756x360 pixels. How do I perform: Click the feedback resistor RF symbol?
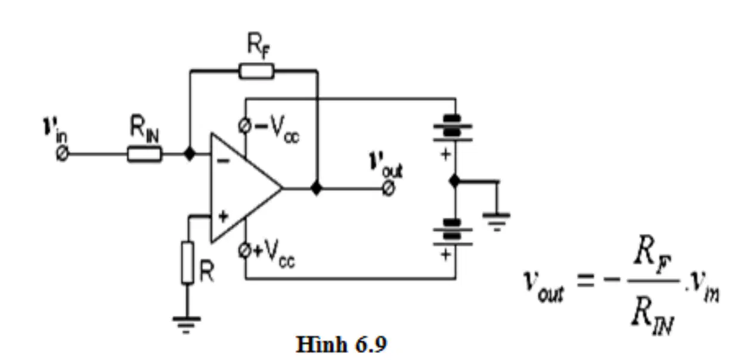[x=256, y=71]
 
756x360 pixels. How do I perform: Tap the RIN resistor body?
[x=145, y=154]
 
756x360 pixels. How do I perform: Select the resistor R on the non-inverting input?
[x=188, y=263]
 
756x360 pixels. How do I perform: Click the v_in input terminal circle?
[x=62, y=154]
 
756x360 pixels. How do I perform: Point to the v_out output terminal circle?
[x=389, y=188]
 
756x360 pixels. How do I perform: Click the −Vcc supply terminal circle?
[x=244, y=126]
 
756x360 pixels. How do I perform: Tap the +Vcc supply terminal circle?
[x=244, y=251]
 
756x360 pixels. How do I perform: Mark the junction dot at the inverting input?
[x=190, y=154]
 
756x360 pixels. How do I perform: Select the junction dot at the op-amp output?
[x=316, y=188]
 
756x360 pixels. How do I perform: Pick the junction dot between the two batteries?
[x=455, y=181]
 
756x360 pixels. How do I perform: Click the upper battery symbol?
[x=453, y=128]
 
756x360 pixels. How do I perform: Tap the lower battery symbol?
[x=453, y=232]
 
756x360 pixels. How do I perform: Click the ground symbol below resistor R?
[x=187, y=324]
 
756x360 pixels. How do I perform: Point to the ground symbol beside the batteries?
[x=497, y=221]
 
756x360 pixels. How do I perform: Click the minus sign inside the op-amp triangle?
[x=223, y=162]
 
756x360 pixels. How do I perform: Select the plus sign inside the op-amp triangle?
[x=223, y=216]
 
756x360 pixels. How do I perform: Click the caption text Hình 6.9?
[x=341, y=345]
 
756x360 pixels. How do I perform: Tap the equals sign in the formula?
[x=585, y=280]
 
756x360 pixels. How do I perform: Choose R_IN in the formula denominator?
[x=652, y=315]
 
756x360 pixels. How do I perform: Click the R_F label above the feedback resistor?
[x=259, y=45]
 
